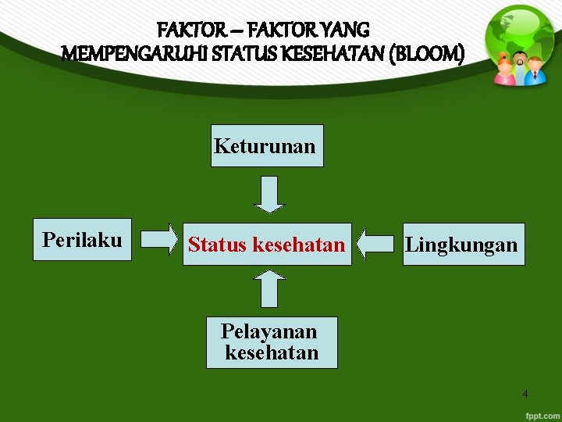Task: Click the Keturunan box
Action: (266, 146)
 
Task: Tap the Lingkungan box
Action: (464, 245)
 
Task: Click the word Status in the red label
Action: (216, 245)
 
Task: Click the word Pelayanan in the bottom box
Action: (269, 331)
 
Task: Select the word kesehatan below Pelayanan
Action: (272, 352)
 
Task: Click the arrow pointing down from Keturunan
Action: (270, 194)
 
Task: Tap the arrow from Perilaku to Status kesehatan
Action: (162, 240)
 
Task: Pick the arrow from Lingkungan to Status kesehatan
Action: (377, 243)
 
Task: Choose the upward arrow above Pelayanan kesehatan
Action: (270, 288)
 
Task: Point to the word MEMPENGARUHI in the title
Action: (135, 54)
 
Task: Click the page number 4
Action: (525, 394)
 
